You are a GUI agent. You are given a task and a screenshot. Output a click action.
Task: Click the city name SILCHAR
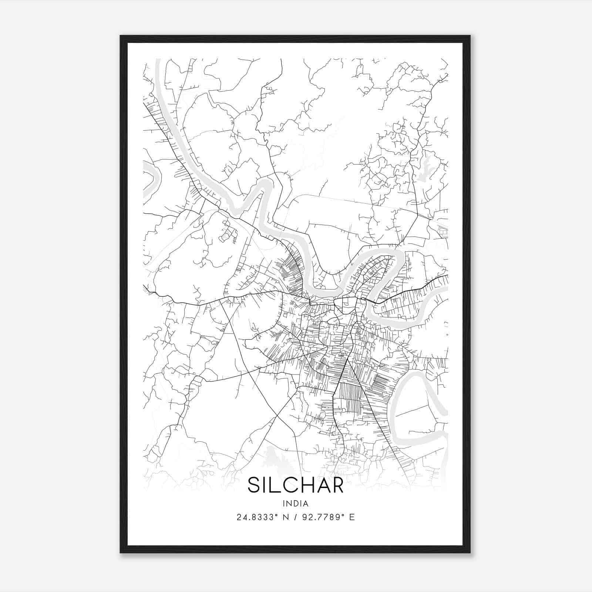(x=296, y=485)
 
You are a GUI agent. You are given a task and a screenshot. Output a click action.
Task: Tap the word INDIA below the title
(x=296, y=504)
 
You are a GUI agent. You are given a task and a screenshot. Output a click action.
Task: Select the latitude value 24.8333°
(x=256, y=517)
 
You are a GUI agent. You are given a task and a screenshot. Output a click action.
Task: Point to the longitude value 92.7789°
(x=325, y=517)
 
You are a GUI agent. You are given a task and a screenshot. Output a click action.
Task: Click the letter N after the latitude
(x=285, y=517)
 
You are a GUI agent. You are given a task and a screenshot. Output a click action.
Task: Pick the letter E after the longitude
(x=352, y=517)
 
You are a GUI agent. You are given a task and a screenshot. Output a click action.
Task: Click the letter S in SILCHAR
(x=255, y=485)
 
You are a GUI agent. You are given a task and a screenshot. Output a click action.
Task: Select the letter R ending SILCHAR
(x=336, y=485)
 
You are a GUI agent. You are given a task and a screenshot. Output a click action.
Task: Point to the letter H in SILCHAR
(x=303, y=485)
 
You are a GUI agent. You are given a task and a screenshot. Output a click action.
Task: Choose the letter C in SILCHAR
(x=287, y=485)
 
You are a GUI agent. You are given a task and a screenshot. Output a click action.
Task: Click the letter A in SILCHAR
(x=320, y=485)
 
